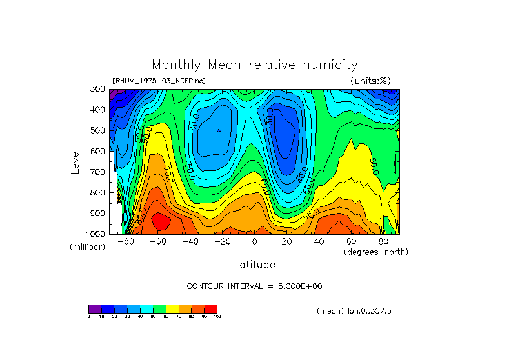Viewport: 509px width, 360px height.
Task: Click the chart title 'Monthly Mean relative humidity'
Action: [254, 65]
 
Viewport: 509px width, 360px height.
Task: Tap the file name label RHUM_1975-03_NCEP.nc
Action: [159, 81]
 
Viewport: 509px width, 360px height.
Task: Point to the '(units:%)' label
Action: [370, 81]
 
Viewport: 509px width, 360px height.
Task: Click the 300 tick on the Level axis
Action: [98, 89]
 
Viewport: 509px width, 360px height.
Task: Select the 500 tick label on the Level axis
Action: [98, 130]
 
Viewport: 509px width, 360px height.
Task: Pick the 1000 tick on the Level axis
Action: [96, 234]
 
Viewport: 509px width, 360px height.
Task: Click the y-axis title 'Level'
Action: [76, 161]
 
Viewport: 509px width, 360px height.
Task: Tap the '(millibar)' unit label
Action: [87, 247]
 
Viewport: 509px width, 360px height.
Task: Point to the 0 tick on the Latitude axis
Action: [254, 241]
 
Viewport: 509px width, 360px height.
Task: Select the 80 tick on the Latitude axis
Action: [384, 241]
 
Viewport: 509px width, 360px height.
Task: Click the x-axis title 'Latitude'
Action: [254, 265]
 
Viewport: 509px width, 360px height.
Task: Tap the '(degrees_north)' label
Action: [375, 251]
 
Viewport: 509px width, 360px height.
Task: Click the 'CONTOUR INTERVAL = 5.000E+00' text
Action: [254, 286]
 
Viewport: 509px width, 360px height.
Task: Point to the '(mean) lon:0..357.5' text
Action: [354, 310]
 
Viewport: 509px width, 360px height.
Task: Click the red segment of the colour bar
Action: [211, 308]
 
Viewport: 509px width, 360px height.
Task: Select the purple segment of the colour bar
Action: [95, 308]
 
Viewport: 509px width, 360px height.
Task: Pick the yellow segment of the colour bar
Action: [172, 308]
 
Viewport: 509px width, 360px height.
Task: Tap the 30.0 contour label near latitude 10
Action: [270, 116]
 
